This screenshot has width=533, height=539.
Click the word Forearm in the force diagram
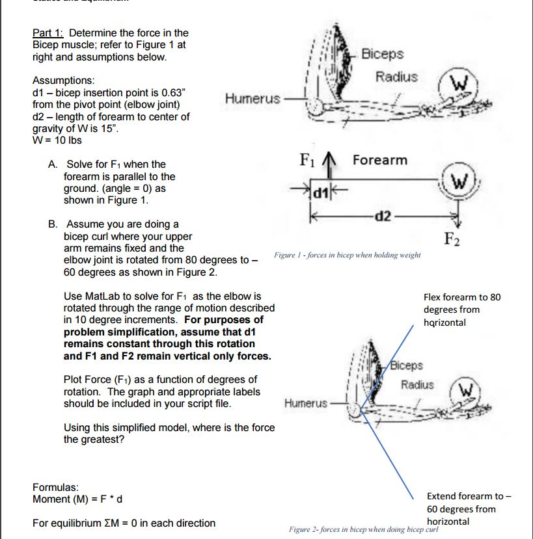pyautogui.click(x=380, y=160)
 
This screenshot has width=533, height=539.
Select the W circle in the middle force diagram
pyautogui.click(x=456, y=180)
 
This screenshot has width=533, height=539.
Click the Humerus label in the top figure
pyautogui.click(x=253, y=99)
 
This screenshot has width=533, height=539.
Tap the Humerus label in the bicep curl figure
pyautogui.click(x=306, y=403)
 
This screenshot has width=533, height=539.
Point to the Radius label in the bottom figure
pyautogui.click(x=417, y=384)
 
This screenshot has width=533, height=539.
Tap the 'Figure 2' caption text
pyautogui.click(x=364, y=530)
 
